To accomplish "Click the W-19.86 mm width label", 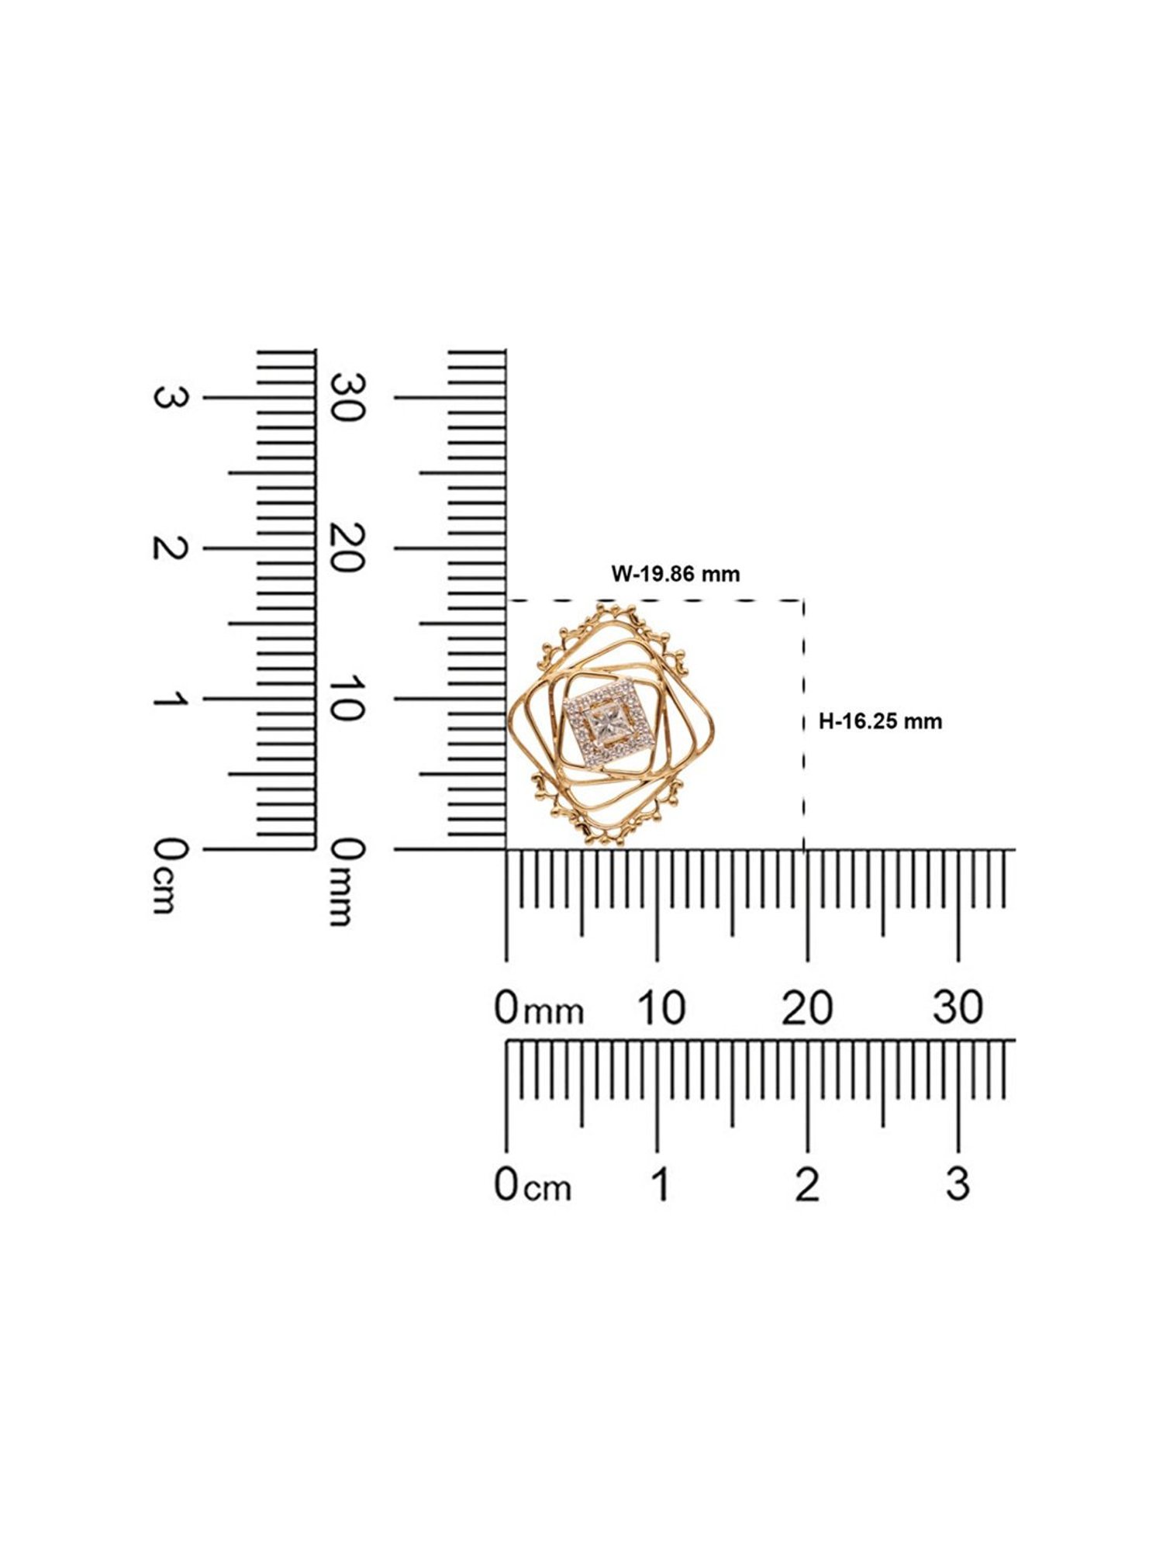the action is (675, 574).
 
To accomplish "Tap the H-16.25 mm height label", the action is (881, 721).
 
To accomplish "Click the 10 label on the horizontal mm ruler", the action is (661, 1007).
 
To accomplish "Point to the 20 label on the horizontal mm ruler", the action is (807, 1007).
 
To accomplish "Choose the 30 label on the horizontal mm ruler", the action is (958, 1007).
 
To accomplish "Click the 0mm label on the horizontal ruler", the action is (539, 1008).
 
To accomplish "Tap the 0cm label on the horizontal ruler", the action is (533, 1184).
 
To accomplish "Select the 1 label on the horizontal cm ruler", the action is (661, 1184).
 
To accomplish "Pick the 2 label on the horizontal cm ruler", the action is (807, 1184).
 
